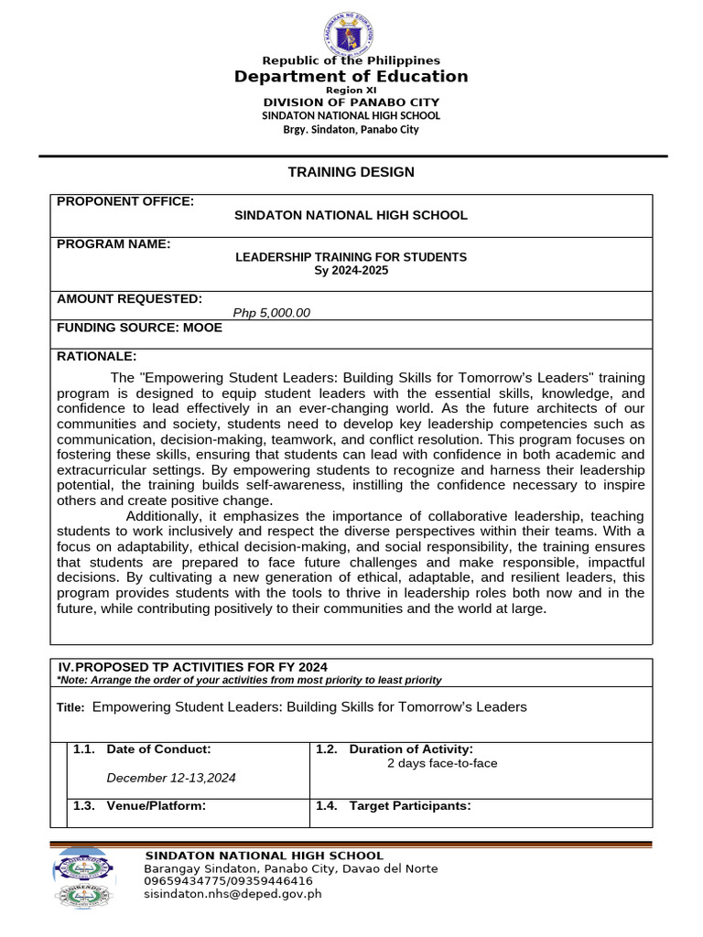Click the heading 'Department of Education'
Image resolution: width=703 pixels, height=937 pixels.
point(351,77)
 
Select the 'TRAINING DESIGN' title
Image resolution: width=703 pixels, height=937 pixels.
point(351,172)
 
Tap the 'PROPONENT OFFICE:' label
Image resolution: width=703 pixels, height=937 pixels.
point(125,201)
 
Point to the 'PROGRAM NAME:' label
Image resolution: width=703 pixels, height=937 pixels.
point(114,243)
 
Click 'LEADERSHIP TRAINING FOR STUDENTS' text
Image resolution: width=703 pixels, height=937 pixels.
point(351,257)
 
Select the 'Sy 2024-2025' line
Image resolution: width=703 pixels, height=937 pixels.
point(351,271)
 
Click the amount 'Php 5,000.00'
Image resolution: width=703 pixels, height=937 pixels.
point(272,313)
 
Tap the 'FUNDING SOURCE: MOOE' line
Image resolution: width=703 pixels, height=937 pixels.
point(139,328)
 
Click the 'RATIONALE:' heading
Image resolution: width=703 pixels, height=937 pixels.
point(96,356)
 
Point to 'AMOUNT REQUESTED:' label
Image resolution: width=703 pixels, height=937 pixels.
point(129,298)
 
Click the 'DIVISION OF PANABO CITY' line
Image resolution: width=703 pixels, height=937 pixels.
point(351,102)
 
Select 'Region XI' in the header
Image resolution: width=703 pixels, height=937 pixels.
point(351,91)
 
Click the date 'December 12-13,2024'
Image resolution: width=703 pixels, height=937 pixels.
point(171,778)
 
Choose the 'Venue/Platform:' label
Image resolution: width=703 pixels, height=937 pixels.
point(156,805)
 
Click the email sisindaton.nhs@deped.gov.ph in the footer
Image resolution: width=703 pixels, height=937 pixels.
point(233,894)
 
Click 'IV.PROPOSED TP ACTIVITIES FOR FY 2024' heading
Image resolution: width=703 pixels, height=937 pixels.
point(192,667)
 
